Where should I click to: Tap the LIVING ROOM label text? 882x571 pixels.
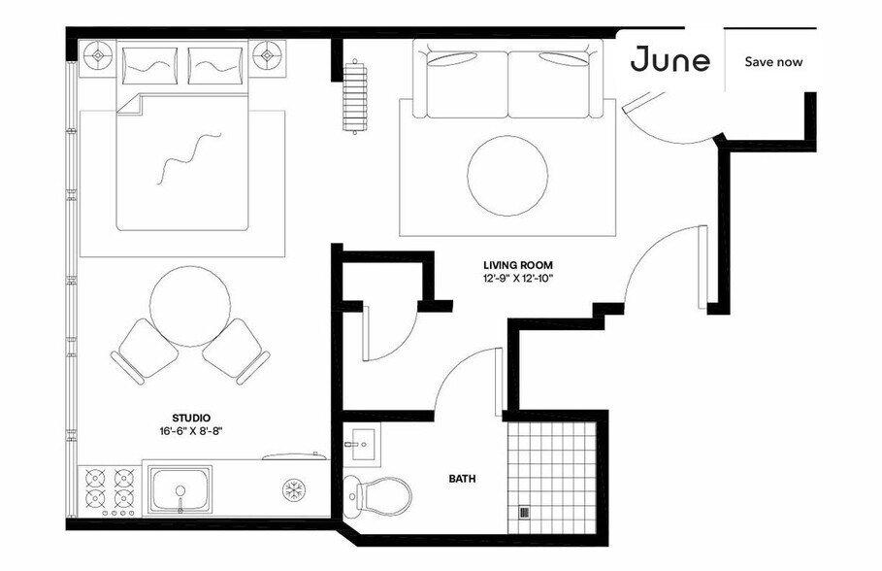pyautogui.click(x=518, y=264)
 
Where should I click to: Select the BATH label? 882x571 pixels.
pyautogui.click(x=462, y=479)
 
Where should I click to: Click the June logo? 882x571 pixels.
pyautogui.click(x=670, y=60)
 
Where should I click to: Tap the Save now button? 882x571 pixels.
pyautogui.click(x=773, y=61)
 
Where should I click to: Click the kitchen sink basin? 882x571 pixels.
pyautogui.click(x=180, y=488)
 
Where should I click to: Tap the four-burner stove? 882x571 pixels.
pyautogui.click(x=109, y=488)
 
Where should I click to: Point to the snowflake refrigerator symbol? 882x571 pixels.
pyautogui.click(x=293, y=488)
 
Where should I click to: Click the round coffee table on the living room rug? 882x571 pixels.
pyautogui.click(x=507, y=176)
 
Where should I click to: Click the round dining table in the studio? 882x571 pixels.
pyautogui.click(x=191, y=306)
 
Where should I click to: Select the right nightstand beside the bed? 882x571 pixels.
pyautogui.click(x=269, y=56)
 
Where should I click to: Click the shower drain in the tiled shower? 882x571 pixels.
pyautogui.click(x=525, y=513)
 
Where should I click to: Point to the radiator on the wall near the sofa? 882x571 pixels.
pyautogui.click(x=356, y=96)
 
